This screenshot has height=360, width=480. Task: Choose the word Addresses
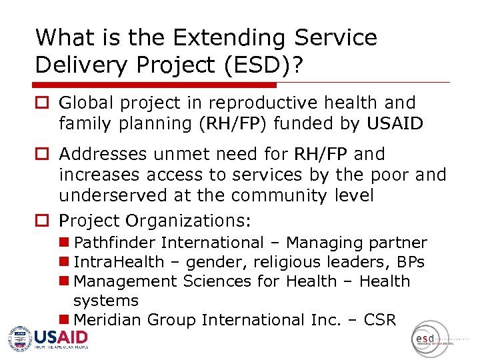[103, 155]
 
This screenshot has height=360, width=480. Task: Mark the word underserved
[115, 195]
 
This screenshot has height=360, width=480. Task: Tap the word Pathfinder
[115, 243]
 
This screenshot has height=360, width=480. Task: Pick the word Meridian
[107, 320]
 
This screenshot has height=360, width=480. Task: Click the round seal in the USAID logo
[19, 337]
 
